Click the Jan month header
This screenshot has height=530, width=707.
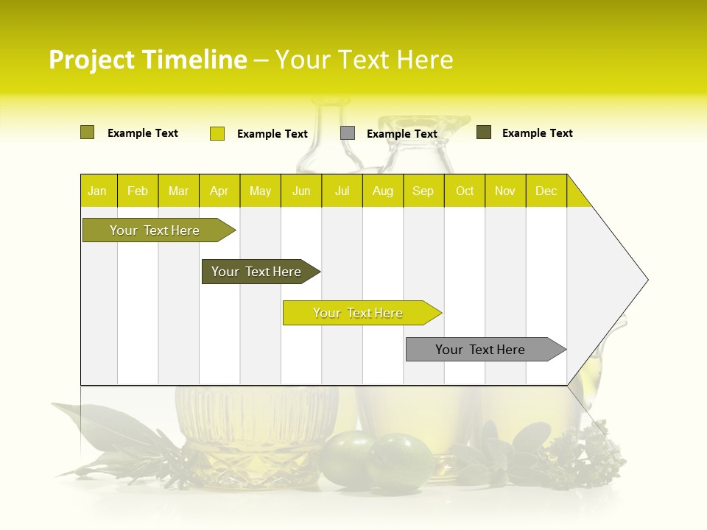[97, 191]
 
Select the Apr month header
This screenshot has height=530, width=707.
[219, 191]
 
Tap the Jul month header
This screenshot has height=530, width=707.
[342, 191]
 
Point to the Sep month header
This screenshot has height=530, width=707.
[423, 191]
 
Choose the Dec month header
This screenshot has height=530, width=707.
[546, 191]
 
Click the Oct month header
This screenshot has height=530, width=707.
[464, 191]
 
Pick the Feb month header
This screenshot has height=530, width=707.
[138, 191]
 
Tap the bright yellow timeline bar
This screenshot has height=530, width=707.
[359, 313]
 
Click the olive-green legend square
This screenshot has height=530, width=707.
[87, 132]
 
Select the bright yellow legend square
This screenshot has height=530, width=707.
[217, 133]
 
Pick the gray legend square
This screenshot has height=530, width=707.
[348, 133]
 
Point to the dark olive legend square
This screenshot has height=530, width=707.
[484, 132]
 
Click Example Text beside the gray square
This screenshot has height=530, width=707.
[401, 134]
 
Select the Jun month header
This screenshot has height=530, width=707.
[301, 191]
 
